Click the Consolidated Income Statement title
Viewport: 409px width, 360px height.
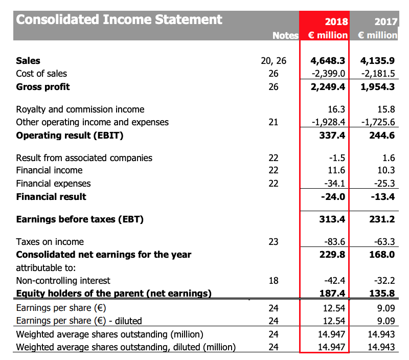(119, 19)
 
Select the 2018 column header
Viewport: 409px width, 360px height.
(336, 21)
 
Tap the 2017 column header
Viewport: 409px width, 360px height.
(385, 21)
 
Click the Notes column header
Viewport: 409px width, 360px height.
(285, 35)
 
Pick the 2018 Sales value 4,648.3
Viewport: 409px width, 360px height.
(328, 60)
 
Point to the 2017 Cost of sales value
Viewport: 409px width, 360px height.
(377, 74)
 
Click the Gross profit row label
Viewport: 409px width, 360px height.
(43, 86)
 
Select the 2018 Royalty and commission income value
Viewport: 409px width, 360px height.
(336, 109)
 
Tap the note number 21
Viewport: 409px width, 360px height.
(274, 122)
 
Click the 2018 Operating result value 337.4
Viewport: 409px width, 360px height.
(332, 136)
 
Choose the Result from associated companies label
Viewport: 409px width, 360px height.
(84, 157)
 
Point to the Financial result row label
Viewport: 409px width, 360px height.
(51, 196)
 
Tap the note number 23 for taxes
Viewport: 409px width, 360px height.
(274, 242)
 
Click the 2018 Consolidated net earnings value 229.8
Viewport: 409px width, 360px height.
(332, 254)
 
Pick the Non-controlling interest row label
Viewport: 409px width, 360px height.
(63, 280)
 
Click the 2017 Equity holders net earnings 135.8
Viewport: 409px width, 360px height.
(382, 293)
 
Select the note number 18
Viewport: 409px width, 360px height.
(274, 280)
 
